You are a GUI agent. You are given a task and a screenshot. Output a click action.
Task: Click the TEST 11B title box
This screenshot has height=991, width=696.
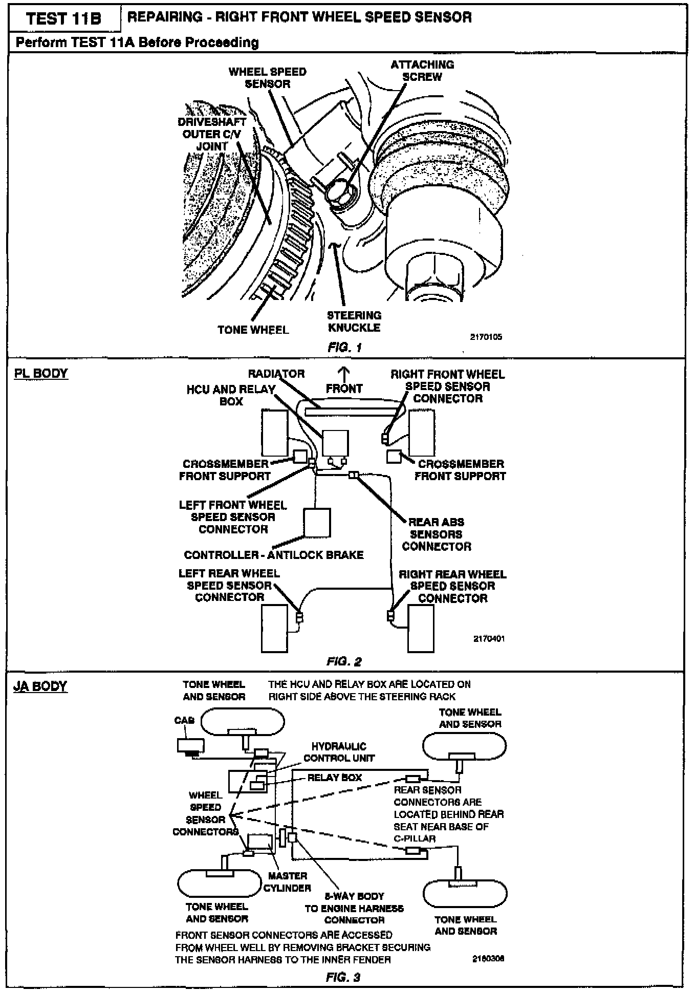(64, 19)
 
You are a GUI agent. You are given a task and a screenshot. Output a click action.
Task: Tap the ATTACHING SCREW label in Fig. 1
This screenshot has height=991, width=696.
(422, 71)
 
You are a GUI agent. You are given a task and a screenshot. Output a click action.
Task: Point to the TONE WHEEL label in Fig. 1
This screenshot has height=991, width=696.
(253, 330)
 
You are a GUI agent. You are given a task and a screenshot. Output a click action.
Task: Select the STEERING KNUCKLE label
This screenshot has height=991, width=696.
(354, 321)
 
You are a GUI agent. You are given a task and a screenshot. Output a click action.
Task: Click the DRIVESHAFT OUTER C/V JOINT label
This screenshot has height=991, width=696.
(212, 134)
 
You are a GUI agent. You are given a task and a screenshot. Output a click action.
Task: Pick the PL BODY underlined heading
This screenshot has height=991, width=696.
(41, 373)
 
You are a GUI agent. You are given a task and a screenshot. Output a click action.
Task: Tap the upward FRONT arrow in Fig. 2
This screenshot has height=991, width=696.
(344, 373)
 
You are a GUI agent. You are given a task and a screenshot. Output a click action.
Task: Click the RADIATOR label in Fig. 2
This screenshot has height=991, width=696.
(276, 374)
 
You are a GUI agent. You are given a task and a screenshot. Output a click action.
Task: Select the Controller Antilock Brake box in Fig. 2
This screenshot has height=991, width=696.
(317, 522)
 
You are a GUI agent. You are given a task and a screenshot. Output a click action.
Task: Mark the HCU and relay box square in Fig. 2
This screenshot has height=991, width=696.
(335, 443)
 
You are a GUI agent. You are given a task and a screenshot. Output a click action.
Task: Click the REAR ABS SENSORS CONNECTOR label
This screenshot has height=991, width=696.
(437, 534)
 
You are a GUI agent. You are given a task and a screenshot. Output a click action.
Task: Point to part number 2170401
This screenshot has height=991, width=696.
(489, 639)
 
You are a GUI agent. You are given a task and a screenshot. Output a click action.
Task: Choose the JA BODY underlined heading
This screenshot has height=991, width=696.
(40, 686)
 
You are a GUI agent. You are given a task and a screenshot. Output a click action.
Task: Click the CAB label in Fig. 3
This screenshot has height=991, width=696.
(184, 721)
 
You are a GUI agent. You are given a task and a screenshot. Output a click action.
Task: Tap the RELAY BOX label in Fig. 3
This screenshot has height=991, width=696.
(334, 778)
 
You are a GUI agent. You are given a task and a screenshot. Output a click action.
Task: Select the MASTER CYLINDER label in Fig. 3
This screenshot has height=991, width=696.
(287, 882)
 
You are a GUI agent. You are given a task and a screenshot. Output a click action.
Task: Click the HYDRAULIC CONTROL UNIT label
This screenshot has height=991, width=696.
(339, 752)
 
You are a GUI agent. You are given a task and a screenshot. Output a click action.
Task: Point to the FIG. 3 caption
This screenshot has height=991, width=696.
(343, 977)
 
